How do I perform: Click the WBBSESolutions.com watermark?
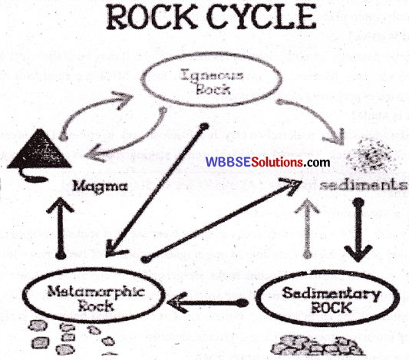tap(267, 163)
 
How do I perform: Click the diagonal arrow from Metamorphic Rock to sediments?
tap(223, 219)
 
